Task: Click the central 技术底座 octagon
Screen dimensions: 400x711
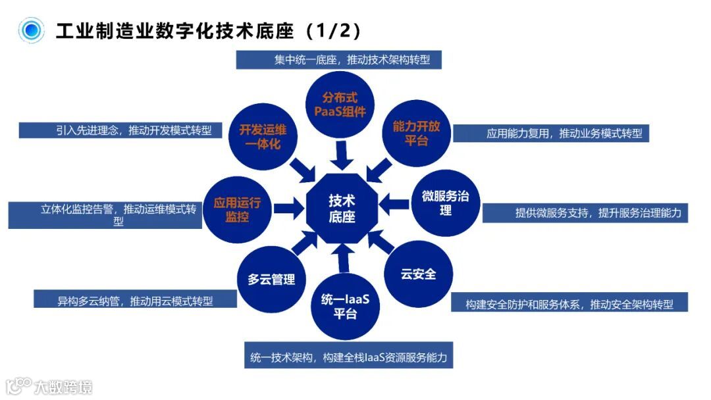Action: pos(341,208)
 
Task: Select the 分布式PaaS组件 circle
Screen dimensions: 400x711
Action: pos(340,105)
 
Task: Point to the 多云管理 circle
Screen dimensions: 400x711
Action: pos(271,279)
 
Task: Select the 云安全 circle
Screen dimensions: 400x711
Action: pos(418,274)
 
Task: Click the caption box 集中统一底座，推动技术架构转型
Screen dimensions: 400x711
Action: pos(338,60)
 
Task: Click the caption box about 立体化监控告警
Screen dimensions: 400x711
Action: pos(105,215)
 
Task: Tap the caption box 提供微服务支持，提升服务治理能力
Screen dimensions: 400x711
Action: pos(585,213)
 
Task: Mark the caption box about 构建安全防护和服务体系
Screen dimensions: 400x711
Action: pos(569,303)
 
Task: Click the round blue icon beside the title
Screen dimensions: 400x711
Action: pos(30,30)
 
